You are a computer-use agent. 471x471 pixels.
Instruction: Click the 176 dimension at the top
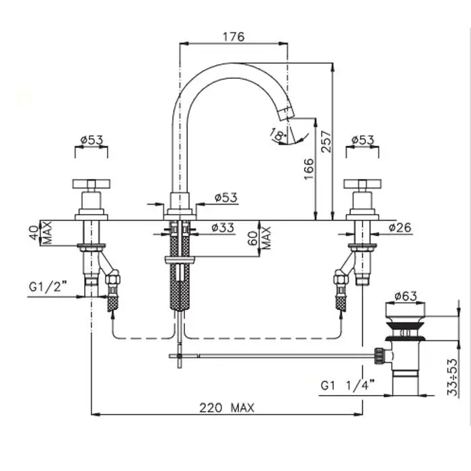pos(233,37)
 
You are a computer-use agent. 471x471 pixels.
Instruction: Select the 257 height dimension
pos(326,141)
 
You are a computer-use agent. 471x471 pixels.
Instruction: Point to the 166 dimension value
pos(309,169)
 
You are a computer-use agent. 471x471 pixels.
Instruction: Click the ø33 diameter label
pos(223,227)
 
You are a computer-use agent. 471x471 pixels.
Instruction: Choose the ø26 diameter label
pos(400,227)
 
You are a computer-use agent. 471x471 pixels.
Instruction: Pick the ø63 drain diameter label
pos(406,296)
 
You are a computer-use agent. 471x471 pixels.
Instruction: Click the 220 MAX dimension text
pos(227,408)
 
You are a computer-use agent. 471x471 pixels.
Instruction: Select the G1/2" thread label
pos(48,287)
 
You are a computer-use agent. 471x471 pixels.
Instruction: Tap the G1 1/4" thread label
pos(348,386)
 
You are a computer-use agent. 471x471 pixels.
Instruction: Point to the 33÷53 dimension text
pos(453,377)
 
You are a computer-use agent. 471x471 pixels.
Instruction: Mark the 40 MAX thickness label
pos(42,233)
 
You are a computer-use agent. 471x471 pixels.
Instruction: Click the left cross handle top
pos(92,184)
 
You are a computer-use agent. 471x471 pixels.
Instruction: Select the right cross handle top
pos(362,184)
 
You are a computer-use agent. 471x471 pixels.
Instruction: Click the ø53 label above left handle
pos(92,140)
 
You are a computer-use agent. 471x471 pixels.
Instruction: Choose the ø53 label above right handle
pos(363,140)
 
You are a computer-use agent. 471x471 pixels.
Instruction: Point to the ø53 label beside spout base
pos(226,197)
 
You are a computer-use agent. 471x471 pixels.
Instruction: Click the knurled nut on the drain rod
pos(379,356)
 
